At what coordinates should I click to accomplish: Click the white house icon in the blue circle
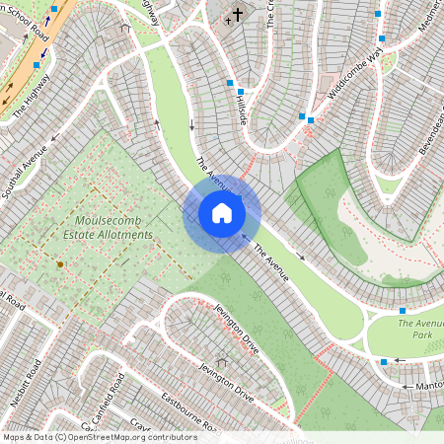pyautogui.click(x=221, y=213)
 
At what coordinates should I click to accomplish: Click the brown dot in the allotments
pyautogui.click(x=60, y=264)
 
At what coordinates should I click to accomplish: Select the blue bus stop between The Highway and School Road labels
pyautogui.click(x=37, y=65)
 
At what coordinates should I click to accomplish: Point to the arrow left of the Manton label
pyautogui.click(x=400, y=360)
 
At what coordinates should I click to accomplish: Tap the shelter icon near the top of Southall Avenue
pyautogui.click(x=124, y=29)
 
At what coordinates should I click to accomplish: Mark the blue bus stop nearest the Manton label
pyautogui.click(x=384, y=362)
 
